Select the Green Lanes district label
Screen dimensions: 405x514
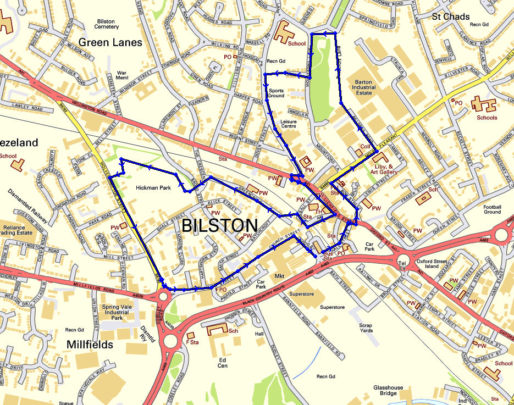[110, 42]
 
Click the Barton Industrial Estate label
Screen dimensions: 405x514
[363, 87]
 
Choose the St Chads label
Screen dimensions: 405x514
[451, 16]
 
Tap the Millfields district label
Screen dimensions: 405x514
[90, 345]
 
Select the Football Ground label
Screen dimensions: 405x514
[492, 209]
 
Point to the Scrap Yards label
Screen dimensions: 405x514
[366, 328]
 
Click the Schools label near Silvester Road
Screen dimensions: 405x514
[487, 118]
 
